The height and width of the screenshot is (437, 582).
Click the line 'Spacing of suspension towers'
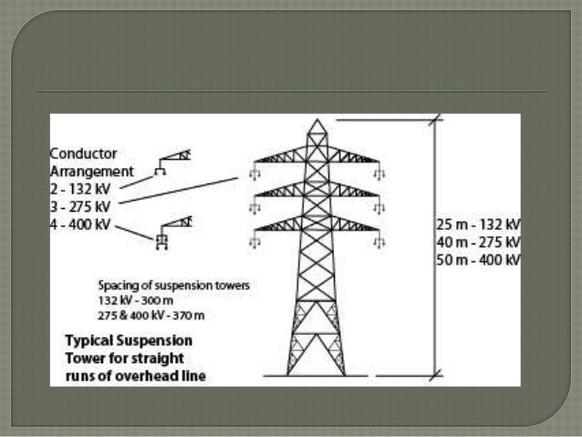pyautogui.click(x=173, y=286)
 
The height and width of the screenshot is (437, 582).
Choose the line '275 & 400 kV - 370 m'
pyautogui.click(x=151, y=315)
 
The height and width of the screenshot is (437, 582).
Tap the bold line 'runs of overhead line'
pyautogui.click(x=135, y=373)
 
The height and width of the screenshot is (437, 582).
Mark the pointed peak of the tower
pyautogui.click(x=317, y=120)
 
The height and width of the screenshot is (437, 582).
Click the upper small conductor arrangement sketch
pyautogui.click(x=173, y=161)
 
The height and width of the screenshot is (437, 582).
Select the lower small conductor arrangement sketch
pyautogui.click(x=173, y=230)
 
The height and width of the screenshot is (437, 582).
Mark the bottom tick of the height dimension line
pyautogui.click(x=434, y=374)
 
